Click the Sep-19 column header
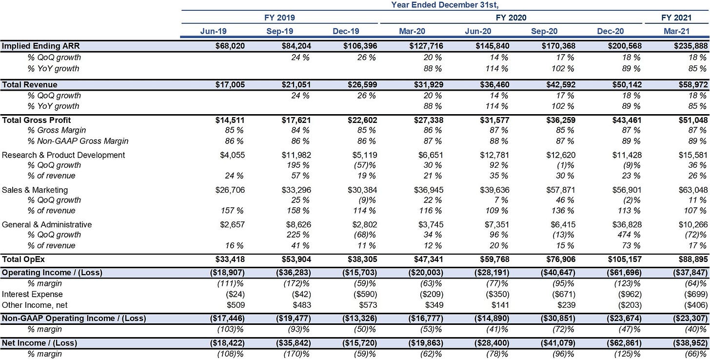coord(279,31)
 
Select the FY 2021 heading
coord(676,18)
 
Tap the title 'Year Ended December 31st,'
coord(445,5)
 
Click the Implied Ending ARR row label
coord(40,46)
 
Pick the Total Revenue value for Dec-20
coord(625,85)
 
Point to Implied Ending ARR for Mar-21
coord(690,46)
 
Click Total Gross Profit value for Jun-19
coord(230,120)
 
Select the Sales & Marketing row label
coord(35,190)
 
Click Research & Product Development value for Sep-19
coord(296,155)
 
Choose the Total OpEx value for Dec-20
coord(625,260)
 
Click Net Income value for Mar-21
coord(690,343)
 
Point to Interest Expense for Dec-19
coord(365,294)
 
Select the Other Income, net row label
coord(35,305)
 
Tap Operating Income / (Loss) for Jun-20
coord(492,273)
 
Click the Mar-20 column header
coord(412,31)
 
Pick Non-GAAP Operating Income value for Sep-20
coord(558,319)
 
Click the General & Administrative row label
coord(47,224)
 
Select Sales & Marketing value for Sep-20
coord(561,190)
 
